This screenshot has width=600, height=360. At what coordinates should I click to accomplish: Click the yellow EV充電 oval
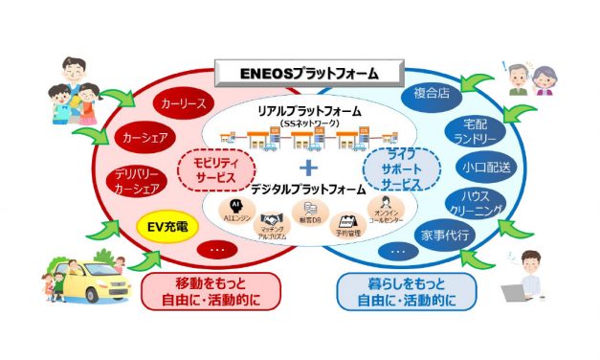tap(160, 228)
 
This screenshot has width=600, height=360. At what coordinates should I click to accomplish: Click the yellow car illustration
tap(92, 277)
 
